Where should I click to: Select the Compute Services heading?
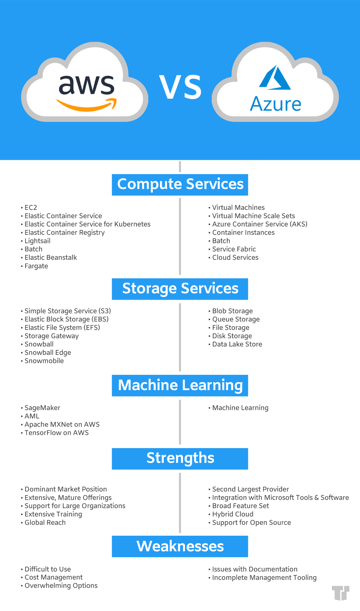180,184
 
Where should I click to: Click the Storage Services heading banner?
180,289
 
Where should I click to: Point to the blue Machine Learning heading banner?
180,385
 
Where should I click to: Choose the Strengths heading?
180,458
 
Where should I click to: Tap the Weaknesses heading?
180,546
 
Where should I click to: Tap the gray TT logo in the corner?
341,593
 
